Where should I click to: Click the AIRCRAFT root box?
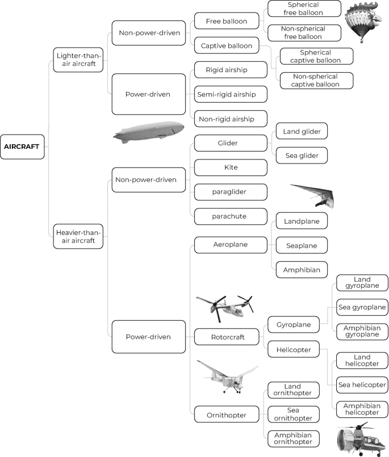click(22, 146)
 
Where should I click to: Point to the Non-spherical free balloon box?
click(304, 32)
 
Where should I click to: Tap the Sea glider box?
click(302, 154)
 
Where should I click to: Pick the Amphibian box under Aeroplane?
click(302, 269)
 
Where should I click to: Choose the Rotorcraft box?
click(227, 337)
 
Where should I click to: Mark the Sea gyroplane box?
click(362, 307)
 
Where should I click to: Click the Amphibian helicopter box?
click(362, 409)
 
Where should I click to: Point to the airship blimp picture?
click(148, 131)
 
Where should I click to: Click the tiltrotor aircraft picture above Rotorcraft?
click(224, 308)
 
